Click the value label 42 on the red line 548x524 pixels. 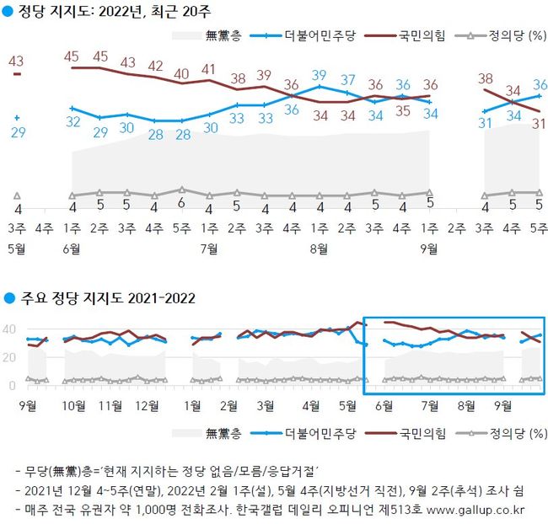click(155, 66)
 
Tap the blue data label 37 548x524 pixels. click(348, 80)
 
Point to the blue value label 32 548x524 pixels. click(73, 122)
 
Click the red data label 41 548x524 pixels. click(209, 69)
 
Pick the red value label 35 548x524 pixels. click(402, 110)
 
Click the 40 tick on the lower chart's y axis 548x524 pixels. click(10, 329)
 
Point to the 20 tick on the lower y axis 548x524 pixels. click(10, 357)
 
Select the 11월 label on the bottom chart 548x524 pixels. click(110, 405)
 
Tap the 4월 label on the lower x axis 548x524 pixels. click(311, 405)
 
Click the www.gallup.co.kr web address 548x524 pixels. click(483, 510)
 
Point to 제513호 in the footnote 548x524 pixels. click(411, 510)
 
